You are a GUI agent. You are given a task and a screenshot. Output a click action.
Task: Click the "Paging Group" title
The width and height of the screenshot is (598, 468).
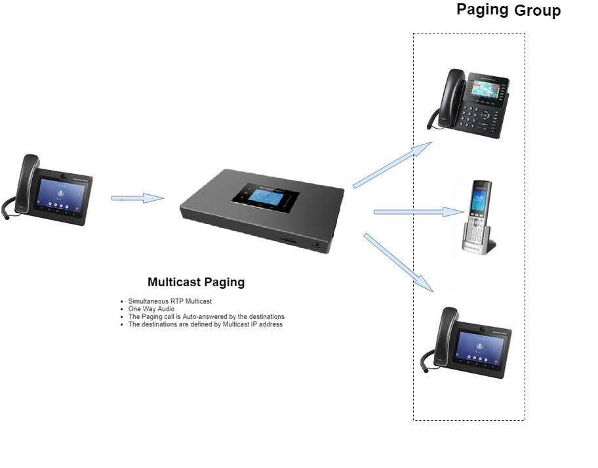point(508,11)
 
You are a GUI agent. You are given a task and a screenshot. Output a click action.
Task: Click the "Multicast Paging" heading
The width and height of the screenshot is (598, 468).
point(196,282)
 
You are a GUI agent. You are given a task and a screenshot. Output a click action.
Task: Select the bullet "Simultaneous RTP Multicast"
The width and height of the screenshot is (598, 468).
point(170,301)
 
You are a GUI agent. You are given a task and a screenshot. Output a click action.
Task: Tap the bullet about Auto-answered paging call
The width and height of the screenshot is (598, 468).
point(206,316)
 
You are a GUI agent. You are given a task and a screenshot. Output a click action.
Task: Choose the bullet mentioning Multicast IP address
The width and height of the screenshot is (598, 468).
point(205,324)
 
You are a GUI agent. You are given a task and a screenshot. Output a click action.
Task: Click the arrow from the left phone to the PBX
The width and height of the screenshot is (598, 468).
point(137,198)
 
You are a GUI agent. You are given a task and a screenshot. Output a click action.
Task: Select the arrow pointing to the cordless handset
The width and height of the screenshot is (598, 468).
point(418,211)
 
